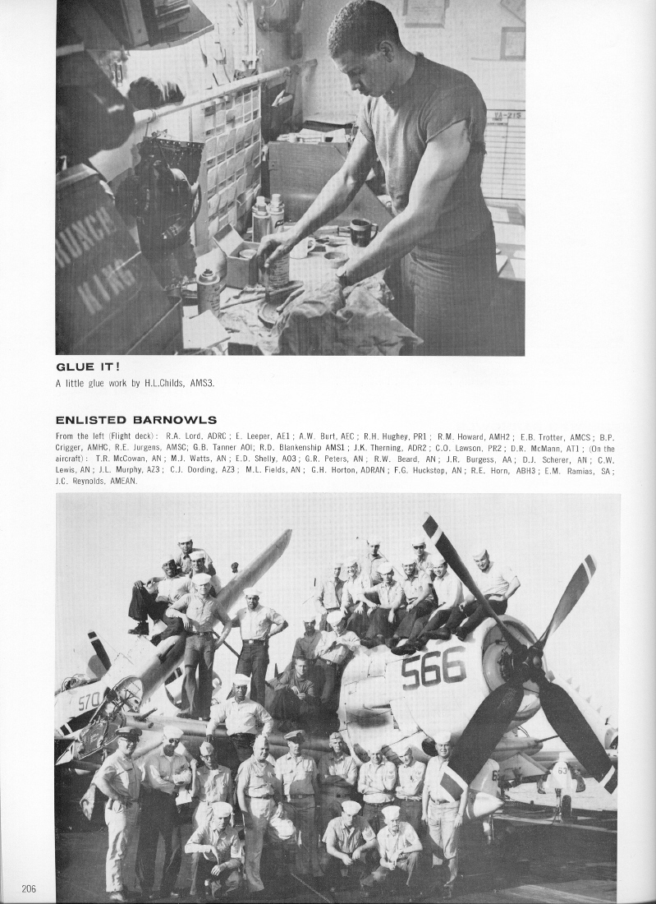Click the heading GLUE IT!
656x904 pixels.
click(88, 367)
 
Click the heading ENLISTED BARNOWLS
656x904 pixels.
click(135, 420)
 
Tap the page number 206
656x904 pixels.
click(30, 888)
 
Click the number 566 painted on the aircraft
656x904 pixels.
click(433, 666)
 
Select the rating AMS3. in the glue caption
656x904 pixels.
click(203, 383)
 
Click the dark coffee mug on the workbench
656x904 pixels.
click(362, 232)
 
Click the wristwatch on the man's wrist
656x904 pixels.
click(343, 278)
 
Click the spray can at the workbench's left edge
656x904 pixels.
click(209, 292)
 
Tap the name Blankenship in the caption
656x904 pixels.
click(296, 448)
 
